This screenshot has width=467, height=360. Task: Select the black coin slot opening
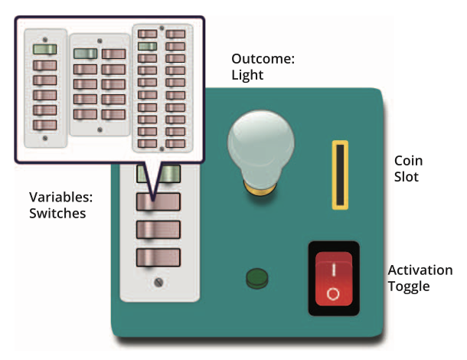(x=338, y=174)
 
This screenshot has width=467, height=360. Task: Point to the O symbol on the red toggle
(x=332, y=293)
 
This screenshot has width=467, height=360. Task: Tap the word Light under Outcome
(x=247, y=75)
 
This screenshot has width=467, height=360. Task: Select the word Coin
(x=408, y=162)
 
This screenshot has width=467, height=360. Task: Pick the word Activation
(x=420, y=271)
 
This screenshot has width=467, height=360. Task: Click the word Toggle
(x=409, y=287)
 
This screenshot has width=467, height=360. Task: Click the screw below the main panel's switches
(x=158, y=283)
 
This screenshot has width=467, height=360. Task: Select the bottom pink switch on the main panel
(x=158, y=257)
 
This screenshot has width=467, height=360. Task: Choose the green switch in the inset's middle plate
(x=85, y=54)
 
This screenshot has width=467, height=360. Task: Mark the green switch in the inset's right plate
(x=148, y=47)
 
